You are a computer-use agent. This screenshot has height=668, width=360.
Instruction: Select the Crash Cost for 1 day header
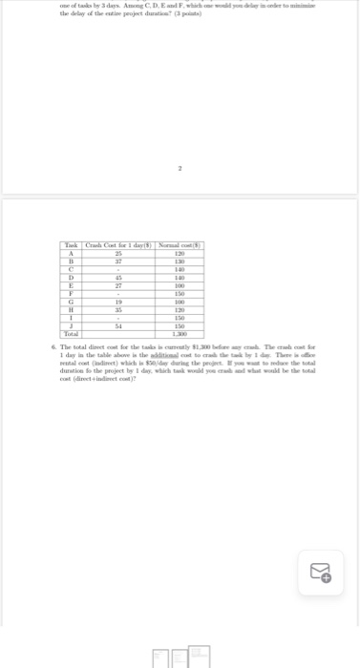point(117,246)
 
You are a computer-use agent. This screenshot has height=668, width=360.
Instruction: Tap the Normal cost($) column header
point(179,246)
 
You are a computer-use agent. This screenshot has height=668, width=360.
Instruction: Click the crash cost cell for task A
point(117,254)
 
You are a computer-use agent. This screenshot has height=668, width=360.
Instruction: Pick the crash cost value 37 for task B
point(117,261)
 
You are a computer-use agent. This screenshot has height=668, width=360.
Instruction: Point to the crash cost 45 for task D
point(117,277)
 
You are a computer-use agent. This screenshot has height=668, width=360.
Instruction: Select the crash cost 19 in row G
point(117,301)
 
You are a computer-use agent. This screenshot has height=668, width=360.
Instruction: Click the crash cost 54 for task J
point(117,325)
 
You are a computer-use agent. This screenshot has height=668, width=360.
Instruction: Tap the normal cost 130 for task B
point(179,261)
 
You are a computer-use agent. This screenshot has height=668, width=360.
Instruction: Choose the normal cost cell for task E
point(179,285)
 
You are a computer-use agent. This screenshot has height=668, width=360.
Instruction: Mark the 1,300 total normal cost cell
point(179,333)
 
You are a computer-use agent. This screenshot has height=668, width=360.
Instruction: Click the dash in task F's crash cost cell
point(117,293)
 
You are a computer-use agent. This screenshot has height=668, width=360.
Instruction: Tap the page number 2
point(180,168)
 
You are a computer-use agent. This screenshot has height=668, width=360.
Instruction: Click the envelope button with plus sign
point(321,574)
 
